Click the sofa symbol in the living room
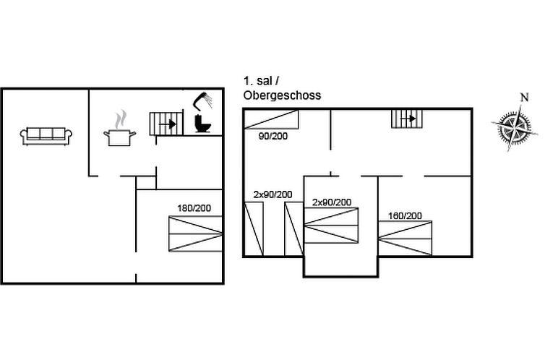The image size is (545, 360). point(46,136)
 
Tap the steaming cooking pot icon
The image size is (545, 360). point(119,129)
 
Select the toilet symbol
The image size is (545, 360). point(202,123)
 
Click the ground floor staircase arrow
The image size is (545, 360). point(167,124)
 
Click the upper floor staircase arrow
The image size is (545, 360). point(408,119)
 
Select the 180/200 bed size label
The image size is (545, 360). point(194,208)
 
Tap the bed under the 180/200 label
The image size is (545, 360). point(195,233)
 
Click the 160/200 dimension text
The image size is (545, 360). point(405,216)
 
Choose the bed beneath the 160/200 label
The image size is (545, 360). point(405,238)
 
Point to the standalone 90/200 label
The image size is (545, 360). point(273,136)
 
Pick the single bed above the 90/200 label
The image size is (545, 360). point(271,119)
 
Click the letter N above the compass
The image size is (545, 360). point(524,98)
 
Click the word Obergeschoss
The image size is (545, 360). point(282,95)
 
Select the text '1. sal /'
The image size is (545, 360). point(261,81)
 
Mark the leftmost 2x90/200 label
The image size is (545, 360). point(272,194)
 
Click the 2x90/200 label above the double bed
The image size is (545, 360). point(332,202)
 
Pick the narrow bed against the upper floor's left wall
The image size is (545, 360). point(254,229)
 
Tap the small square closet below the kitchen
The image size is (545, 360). point(146,183)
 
